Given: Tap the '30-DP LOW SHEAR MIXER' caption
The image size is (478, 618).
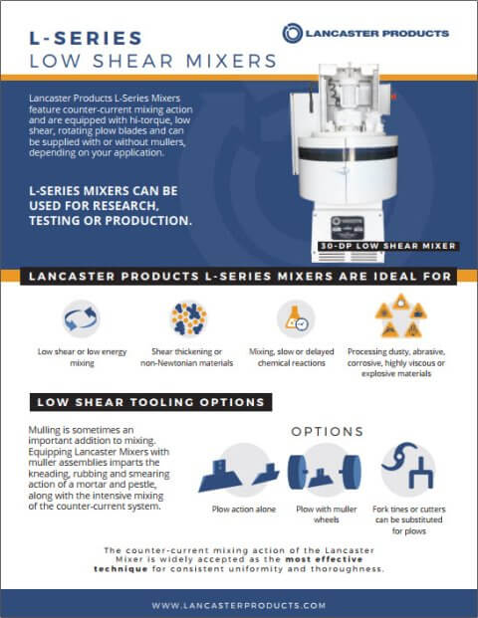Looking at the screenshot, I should coord(388,245).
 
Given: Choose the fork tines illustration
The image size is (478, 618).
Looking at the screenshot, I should coord(407,469).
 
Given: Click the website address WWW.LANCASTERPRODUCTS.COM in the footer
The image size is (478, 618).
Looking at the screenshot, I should coord(239,604).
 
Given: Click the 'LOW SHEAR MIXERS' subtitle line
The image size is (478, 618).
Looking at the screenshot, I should coord(152,62).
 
